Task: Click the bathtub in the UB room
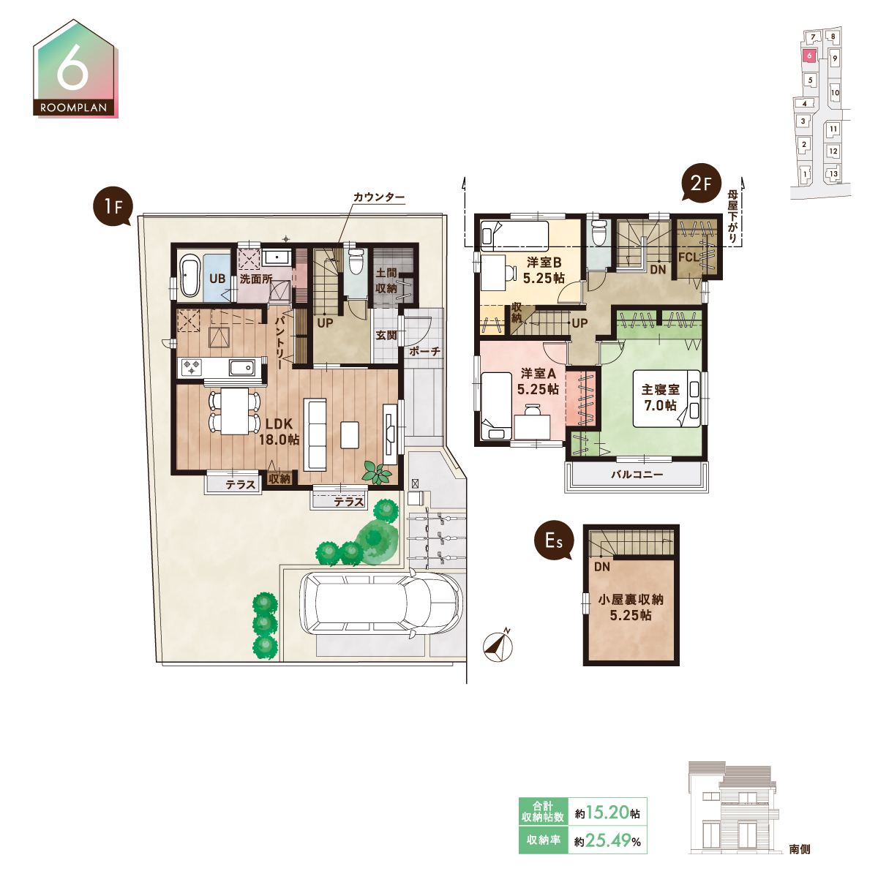(x=190, y=276)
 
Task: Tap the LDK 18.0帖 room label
(x=279, y=432)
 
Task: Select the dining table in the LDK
(x=235, y=411)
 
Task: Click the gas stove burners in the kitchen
(x=192, y=367)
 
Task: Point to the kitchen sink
(x=241, y=368)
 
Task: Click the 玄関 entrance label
(x=386, y=335)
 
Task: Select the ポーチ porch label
(x=424, y=351)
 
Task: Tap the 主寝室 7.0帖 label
(x=661, y=397)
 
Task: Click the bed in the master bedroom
(x=667, y=398)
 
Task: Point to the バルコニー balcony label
(x=637, y=475)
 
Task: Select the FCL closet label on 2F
(x=688, y=257)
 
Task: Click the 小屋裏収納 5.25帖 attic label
(x=631, y=607)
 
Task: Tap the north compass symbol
(x=498, y=645)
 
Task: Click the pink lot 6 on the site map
(x=809, y=56)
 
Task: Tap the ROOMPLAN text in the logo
(x=73, y=108)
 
